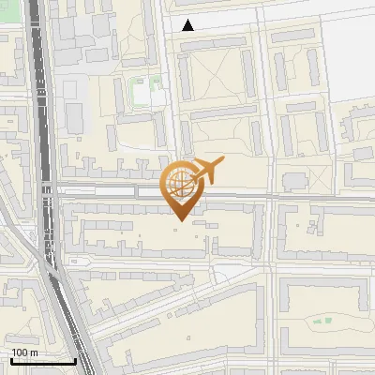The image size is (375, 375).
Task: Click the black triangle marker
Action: [188, 25]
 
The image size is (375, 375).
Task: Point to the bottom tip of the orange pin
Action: [179, 221]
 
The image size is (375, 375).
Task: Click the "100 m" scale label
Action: [24, 352]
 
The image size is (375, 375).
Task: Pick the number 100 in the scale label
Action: [20, 352]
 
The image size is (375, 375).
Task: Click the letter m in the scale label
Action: [33, 352]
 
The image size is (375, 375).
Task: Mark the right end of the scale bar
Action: [75, 361]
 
